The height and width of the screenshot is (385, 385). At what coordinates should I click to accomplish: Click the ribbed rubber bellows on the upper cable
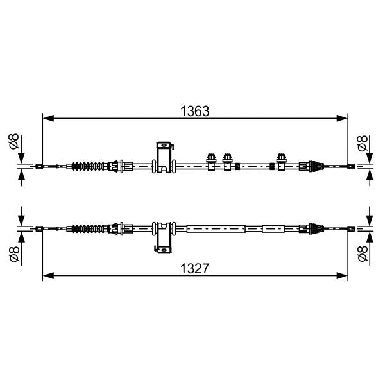[88, 167]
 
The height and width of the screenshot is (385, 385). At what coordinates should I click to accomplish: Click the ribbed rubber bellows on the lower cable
[88, 228]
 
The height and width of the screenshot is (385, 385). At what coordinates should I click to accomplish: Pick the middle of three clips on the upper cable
[227, 162]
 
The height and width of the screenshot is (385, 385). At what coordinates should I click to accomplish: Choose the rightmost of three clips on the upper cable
[280, 162]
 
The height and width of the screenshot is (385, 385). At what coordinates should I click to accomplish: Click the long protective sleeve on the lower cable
[216, 228]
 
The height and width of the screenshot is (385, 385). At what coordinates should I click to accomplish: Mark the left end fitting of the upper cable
[40, 167]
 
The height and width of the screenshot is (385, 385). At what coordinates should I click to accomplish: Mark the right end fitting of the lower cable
[350, 228]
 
